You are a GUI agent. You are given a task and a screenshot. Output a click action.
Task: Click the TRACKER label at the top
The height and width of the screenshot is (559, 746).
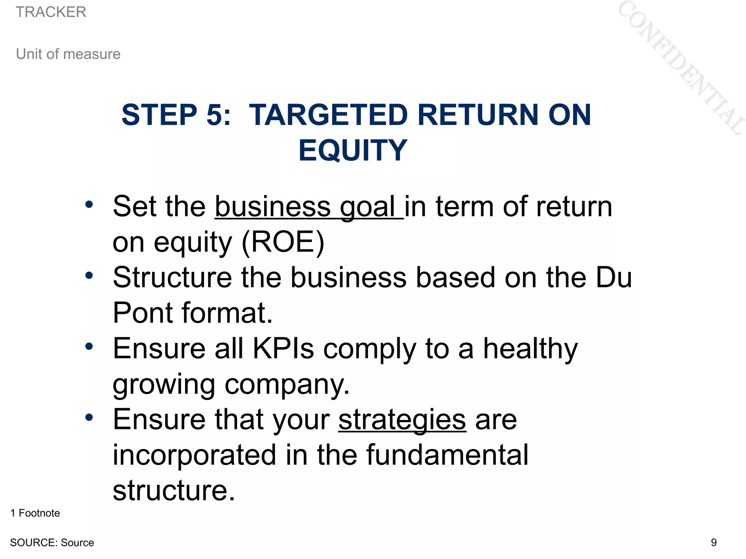pos(51,12)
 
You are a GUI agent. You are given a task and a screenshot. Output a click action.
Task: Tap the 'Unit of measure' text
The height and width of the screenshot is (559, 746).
pos(68,54)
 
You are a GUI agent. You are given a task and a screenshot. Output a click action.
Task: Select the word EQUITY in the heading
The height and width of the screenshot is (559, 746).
pos(353,150)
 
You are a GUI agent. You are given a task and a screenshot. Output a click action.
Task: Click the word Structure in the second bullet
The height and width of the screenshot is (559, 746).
pos(172,278)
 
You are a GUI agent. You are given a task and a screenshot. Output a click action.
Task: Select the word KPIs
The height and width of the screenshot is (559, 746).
pos(283,349)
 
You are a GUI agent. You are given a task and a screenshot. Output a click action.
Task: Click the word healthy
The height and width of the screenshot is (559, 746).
pos(530,349)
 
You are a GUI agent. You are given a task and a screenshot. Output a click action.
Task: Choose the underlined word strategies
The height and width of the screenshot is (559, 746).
pos(402,420)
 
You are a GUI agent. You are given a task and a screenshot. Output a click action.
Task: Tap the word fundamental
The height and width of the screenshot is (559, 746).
pos(447,455)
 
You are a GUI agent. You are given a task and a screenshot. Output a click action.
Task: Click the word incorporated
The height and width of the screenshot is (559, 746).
pos(194,455)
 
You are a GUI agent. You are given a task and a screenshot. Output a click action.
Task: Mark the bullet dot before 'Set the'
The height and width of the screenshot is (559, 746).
pos(89,204)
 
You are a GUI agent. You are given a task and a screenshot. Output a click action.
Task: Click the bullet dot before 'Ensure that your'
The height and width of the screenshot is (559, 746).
pos(89,417)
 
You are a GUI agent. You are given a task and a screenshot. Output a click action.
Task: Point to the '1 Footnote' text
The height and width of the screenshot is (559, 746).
pos(35,513)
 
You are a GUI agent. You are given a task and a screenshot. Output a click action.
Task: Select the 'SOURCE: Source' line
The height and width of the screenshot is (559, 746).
pos(52,543)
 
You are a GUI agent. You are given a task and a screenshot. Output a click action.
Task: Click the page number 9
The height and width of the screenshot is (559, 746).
pos(714,543)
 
